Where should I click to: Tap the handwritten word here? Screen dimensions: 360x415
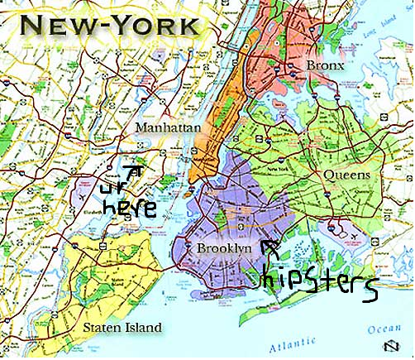click(127, 208)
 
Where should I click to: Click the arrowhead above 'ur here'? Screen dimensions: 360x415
click(136, 169)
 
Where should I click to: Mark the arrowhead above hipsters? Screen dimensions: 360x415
click(267, 245)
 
